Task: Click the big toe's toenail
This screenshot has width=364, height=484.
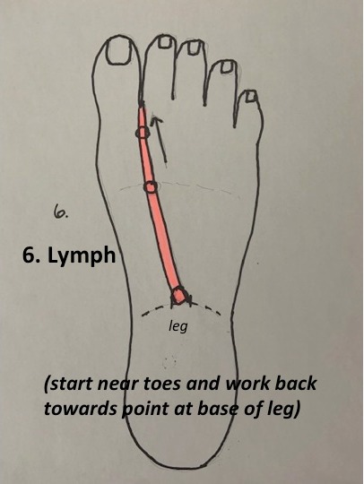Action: click(x=120, y=52)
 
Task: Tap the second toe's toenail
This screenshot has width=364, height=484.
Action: click(x=166, y=41)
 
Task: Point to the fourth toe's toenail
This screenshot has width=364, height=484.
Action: click(x=227, y=67)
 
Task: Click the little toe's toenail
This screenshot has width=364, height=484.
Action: click(x=251, y=96)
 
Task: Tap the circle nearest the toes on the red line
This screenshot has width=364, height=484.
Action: click(x=143, y=133)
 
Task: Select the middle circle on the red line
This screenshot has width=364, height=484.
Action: click(x=151, y=186)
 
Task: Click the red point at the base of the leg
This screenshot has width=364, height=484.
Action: click(x=178, y=296)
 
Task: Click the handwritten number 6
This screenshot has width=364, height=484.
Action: click(x=61, y=212)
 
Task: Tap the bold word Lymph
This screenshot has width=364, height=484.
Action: click(x=82, y=256)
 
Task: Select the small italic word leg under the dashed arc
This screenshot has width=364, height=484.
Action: click(x=178, y=326)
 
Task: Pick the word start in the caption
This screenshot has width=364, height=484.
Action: click(x=69, y=384)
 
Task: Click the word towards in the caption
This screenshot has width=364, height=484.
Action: click(x=81, y=409)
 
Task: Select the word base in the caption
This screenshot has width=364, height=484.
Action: click(x=219, y=409)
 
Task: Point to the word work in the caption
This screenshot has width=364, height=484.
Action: click(x=247, y=383)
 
